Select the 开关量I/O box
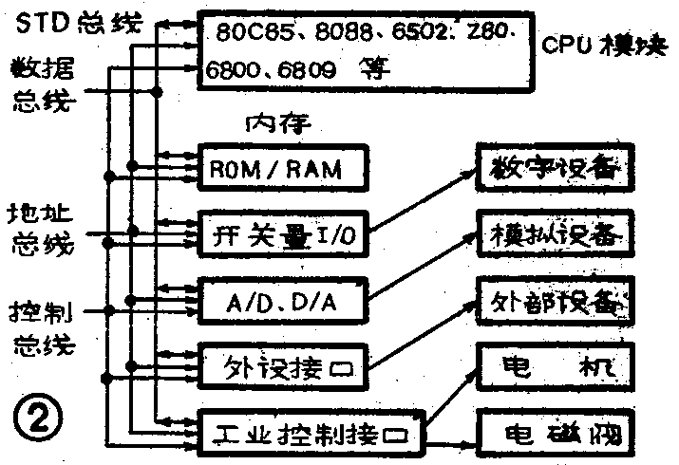tap(281, 232)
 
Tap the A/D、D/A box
tap(281, 301)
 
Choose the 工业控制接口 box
tap(311, 435)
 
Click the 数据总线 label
tap(42, 85)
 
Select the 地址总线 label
tap(40, 228)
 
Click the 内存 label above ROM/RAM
tap(279, 123)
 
